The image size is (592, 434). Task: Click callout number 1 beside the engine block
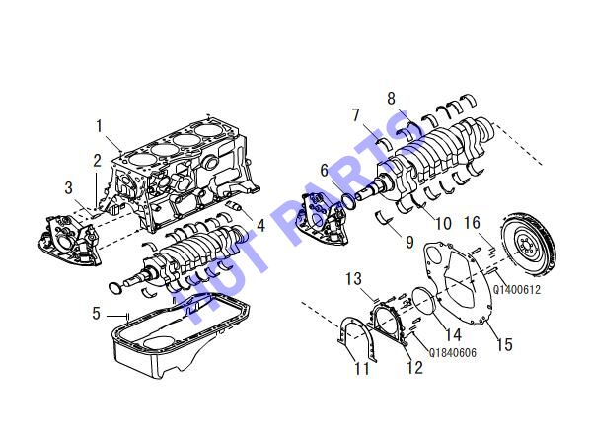tap(100, 126)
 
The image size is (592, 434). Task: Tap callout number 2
tap(98, 161)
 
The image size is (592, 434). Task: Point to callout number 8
tap(391, 99)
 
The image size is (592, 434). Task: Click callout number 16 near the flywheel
tap(472, 223)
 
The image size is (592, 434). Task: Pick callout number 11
tap(362, 368)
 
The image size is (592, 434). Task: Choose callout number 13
tap(354, 279)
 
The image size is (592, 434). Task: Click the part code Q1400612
tap(517, 290)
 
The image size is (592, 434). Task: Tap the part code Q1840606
tap(453, 352)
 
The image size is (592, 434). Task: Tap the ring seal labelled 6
tap(348, 201)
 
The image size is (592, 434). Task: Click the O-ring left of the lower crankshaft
tap(115, 288)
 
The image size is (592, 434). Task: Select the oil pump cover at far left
tap(71, 241)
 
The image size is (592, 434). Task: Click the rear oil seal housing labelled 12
tap(389, 324)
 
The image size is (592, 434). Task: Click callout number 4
tap(260, 225)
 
